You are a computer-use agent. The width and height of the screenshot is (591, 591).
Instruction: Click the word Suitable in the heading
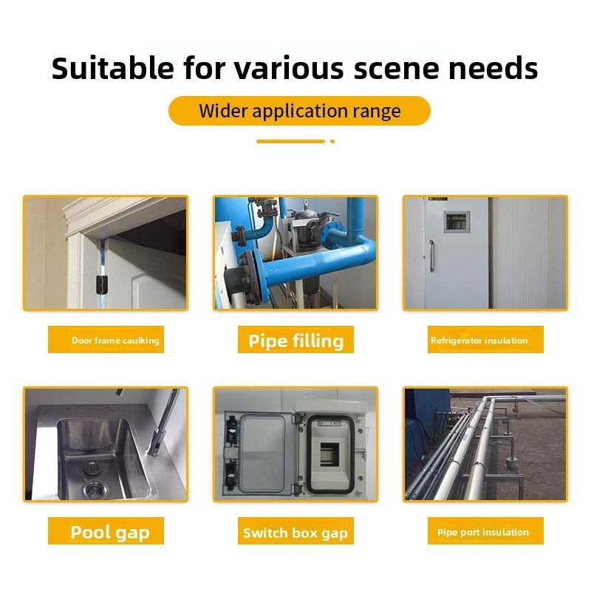coord(113,68)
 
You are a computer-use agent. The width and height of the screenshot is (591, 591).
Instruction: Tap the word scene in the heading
coord(396,69)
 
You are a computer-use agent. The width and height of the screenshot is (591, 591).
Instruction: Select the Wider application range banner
coord(299,111)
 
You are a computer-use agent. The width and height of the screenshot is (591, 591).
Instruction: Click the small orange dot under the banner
coord(332,141)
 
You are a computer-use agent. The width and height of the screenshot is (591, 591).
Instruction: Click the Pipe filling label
coord(296,340)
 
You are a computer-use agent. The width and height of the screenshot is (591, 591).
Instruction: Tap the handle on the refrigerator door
coord(432,256)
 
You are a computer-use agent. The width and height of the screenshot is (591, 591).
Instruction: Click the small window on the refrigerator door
coord(457,222)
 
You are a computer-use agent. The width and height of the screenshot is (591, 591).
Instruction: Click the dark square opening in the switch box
coord(329,454)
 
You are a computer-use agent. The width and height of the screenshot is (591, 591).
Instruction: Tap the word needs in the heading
coord(493,69)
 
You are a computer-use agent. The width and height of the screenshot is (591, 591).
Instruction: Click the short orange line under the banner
coord(290,141)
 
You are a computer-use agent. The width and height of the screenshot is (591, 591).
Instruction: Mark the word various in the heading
coord(289,69)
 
